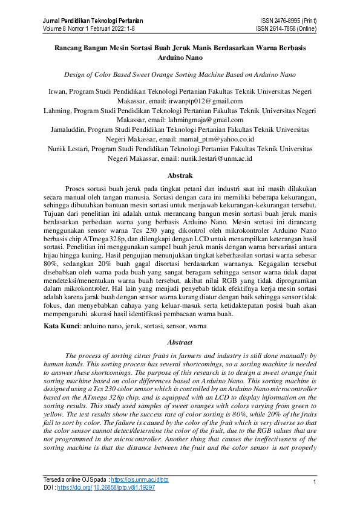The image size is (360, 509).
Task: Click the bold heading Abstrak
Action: tap(180, 175)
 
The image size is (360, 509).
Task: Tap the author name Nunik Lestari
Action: tap(68, 148)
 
